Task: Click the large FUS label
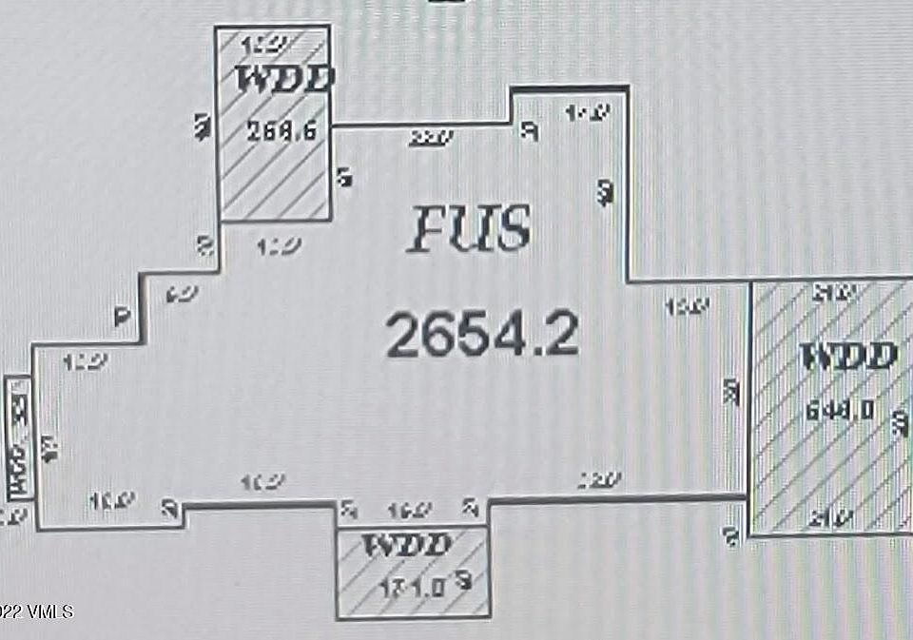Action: tap(469, 229)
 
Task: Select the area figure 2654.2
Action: tap(482, 335)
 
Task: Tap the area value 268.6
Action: tap(282, 132)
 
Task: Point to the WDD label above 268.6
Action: tap(284, 78)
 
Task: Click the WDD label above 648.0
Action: tap(848, 357)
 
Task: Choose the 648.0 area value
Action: tap(840, 410)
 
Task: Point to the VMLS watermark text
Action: tap(38, 611)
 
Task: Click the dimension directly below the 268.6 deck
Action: tap(280, 245)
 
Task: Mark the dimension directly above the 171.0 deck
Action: tap(411, 511)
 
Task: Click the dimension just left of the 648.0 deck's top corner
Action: tap(689, 306)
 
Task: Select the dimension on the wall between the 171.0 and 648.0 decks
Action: tap(599, 481)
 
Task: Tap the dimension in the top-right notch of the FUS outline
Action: tap(587, 113)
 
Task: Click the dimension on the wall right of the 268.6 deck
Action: tap(430, 138)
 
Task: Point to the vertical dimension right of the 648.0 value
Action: tap(897, 429)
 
